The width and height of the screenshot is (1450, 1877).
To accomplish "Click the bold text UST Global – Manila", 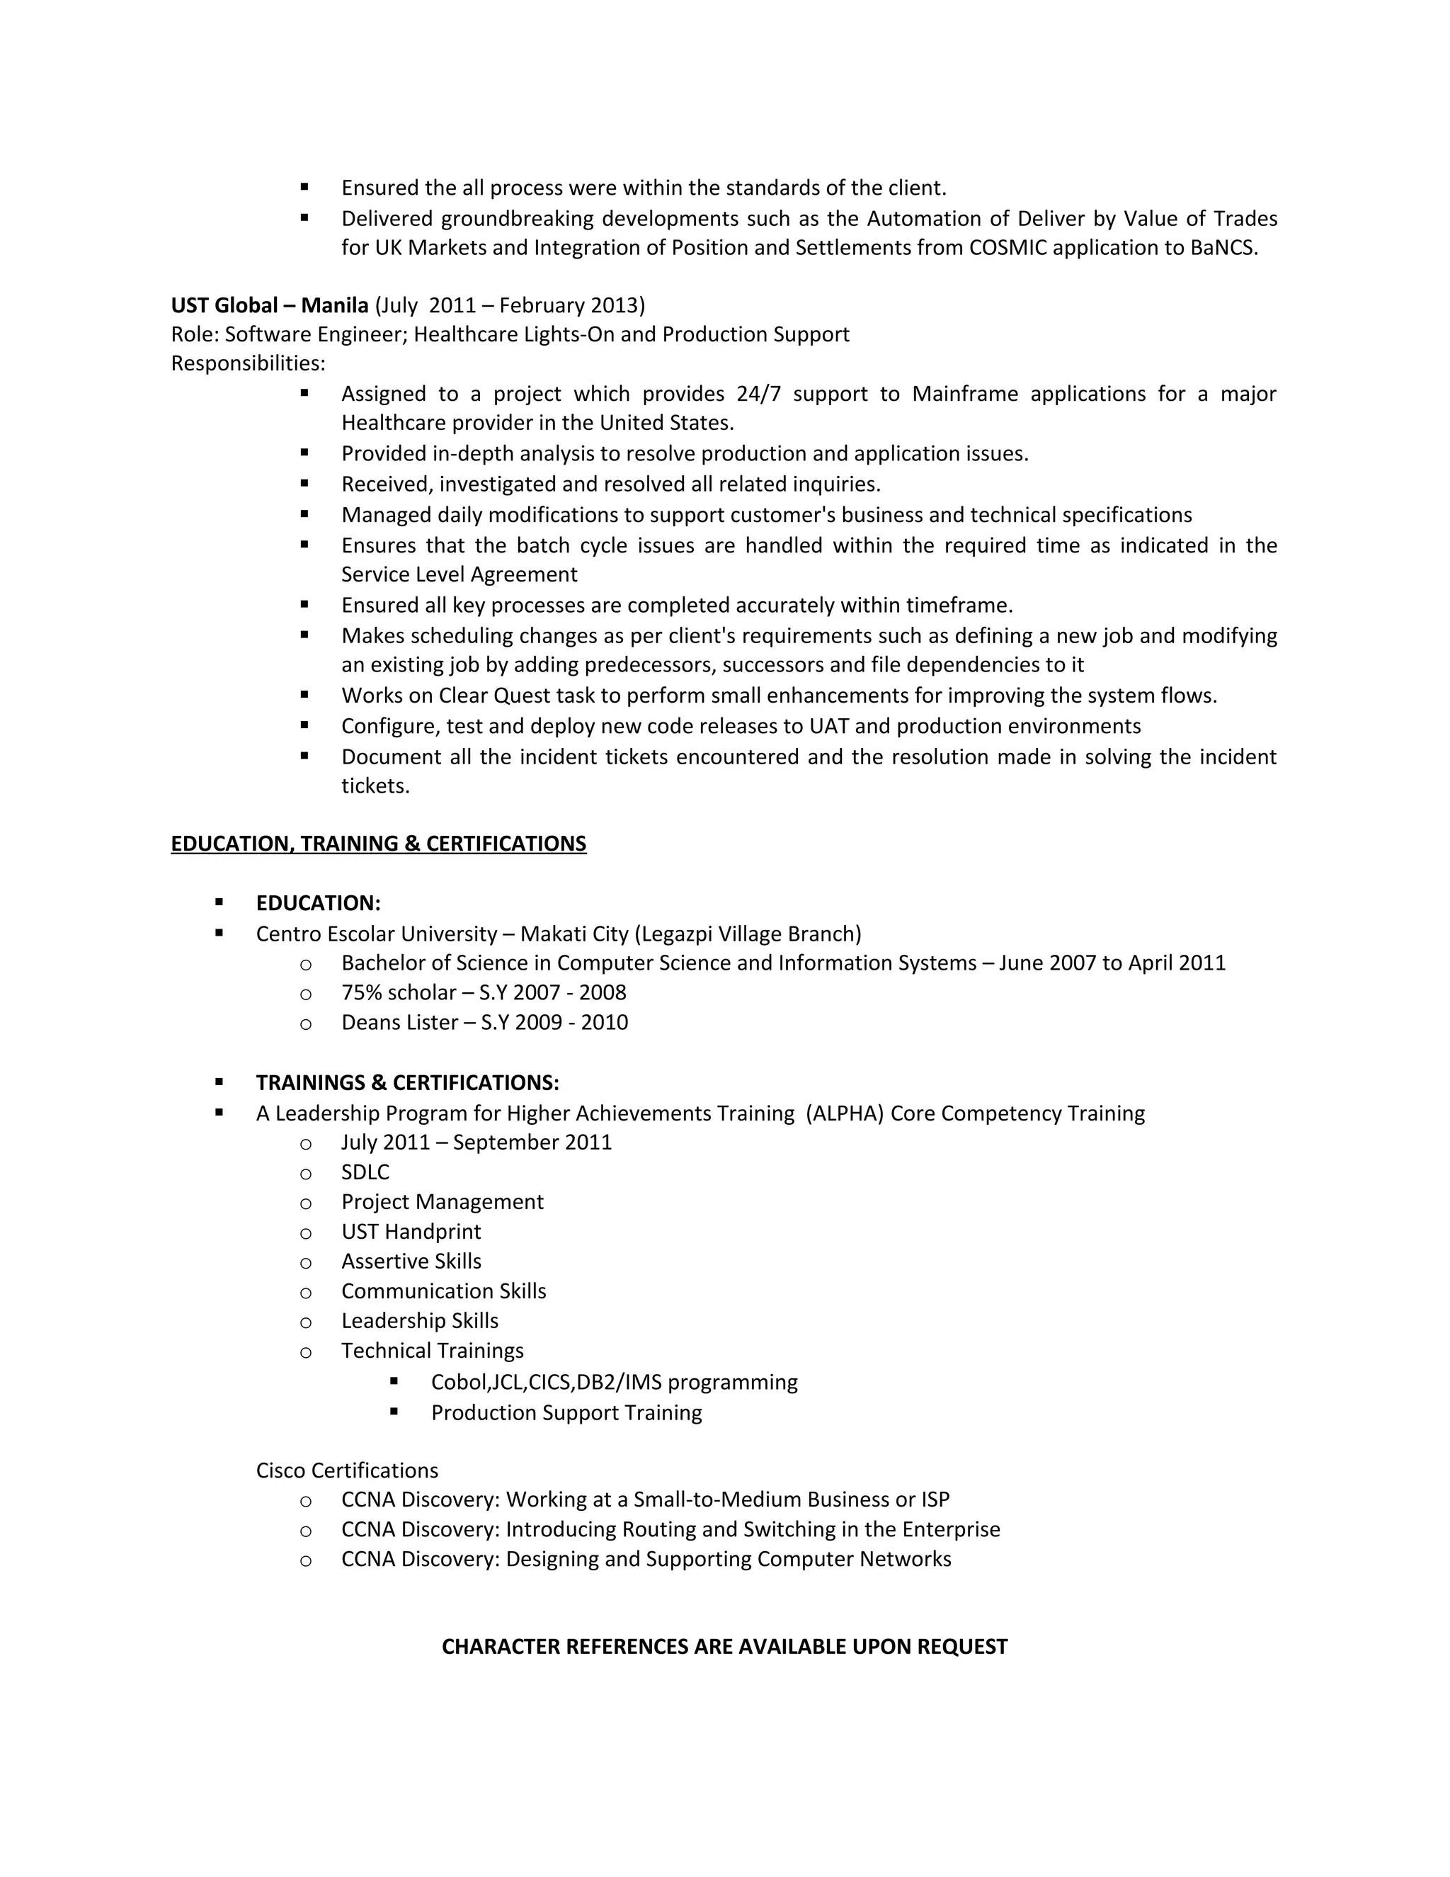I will coord(269,305).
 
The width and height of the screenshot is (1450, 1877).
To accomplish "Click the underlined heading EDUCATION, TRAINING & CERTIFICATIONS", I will coord(378,843).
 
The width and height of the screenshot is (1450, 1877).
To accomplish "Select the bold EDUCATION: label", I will coord(318,903).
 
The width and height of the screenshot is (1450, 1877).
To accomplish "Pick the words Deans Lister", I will coord(399,1023).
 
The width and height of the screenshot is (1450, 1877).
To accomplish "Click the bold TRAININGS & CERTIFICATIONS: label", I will coord(407,1082).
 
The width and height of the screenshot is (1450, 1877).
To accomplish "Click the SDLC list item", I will coord(365,1172).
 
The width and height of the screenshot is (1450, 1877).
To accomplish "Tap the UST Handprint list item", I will coord(411,1232).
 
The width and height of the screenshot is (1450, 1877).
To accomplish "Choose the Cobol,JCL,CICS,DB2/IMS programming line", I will coord(613,1382).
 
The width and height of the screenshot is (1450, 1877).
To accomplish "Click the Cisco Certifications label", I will coord(346,1470).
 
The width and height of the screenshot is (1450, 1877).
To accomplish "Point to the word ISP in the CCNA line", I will coord(935,1499).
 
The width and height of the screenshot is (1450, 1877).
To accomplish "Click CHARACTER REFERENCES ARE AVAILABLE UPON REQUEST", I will coord(724,1646).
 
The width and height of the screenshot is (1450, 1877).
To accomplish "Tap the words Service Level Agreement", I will coord(459,574).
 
